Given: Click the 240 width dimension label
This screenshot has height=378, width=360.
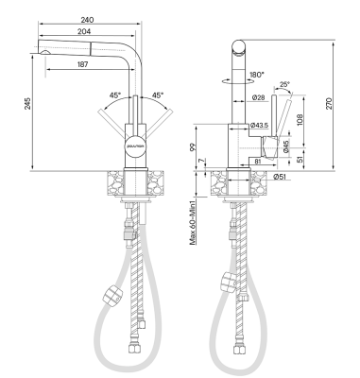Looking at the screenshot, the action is (x=87, y=20).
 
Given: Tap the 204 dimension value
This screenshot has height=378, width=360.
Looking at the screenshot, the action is (x=84, y=31).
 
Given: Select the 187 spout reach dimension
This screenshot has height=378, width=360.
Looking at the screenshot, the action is (x=82, y=64).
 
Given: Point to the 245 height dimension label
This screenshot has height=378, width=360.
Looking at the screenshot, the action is (x=28, y=103).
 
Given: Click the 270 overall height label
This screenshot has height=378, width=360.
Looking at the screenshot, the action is (x=329, y=104).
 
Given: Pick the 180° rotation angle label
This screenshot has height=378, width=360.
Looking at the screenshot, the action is (x=257, y=75).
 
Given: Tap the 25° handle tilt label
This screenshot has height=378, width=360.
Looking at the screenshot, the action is (x=284, y=84).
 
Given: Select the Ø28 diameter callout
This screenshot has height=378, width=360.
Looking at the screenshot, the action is (x=258, y=98).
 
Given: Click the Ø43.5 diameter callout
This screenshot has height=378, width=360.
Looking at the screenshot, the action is (x=260, y=125).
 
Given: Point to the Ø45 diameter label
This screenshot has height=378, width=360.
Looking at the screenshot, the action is (x=286, y=146).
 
